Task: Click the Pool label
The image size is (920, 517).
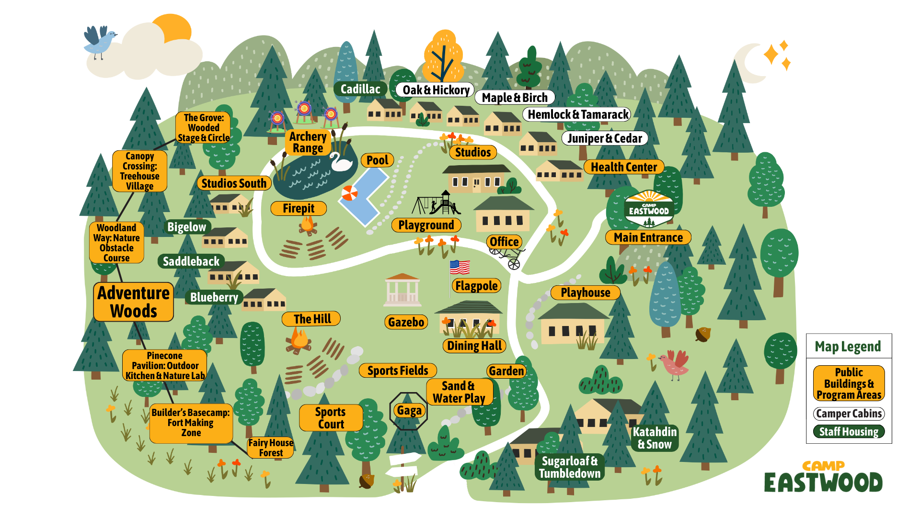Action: pyautogui.click(x=377, y=160)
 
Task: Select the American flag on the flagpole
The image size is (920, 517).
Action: pyautogui.click(x=460, y=267)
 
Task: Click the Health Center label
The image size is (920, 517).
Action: pyautogui.click(x=623, y=167)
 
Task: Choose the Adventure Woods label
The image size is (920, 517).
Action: pyautogui.click(x=133, y=302)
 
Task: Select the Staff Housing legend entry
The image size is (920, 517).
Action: pyautogui.click(x=849, y=432)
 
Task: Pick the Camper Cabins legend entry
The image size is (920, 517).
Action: pyautogui.click(x=849, y=414)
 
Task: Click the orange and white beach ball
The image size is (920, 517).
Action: pyautogui.click(x=349, y=193)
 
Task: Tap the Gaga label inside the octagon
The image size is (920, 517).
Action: pyautogui.click(x=409, y=411)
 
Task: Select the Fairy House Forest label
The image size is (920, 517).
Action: pyautogui.click(x=271, y=448)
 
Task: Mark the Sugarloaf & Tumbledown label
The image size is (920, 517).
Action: pyautogui.click(x=569, y=467)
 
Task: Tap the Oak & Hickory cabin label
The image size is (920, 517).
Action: pyautogui.click(x=435, y=90)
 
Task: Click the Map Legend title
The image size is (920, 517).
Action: pyautogui.click(x=848, y=347)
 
